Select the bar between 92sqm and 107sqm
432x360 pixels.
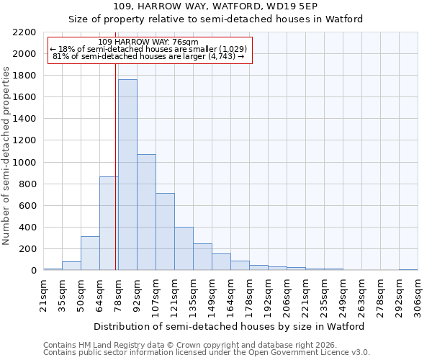coord(146,212)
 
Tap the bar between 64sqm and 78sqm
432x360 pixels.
coord(109,223)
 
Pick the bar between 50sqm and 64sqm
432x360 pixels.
coord(90,253)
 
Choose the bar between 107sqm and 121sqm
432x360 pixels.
coord(165,231)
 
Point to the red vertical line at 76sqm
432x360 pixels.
coord(115,166)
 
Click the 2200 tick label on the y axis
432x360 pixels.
coord(24,32)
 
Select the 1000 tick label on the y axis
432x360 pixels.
coord(24,163)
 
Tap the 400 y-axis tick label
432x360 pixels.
coord(27,228)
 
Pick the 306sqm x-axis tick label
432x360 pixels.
coord(418,295)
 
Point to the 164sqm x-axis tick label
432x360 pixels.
coord(230,295)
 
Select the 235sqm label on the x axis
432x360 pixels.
coord(324,295)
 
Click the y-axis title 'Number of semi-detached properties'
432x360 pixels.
coord(6,156)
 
